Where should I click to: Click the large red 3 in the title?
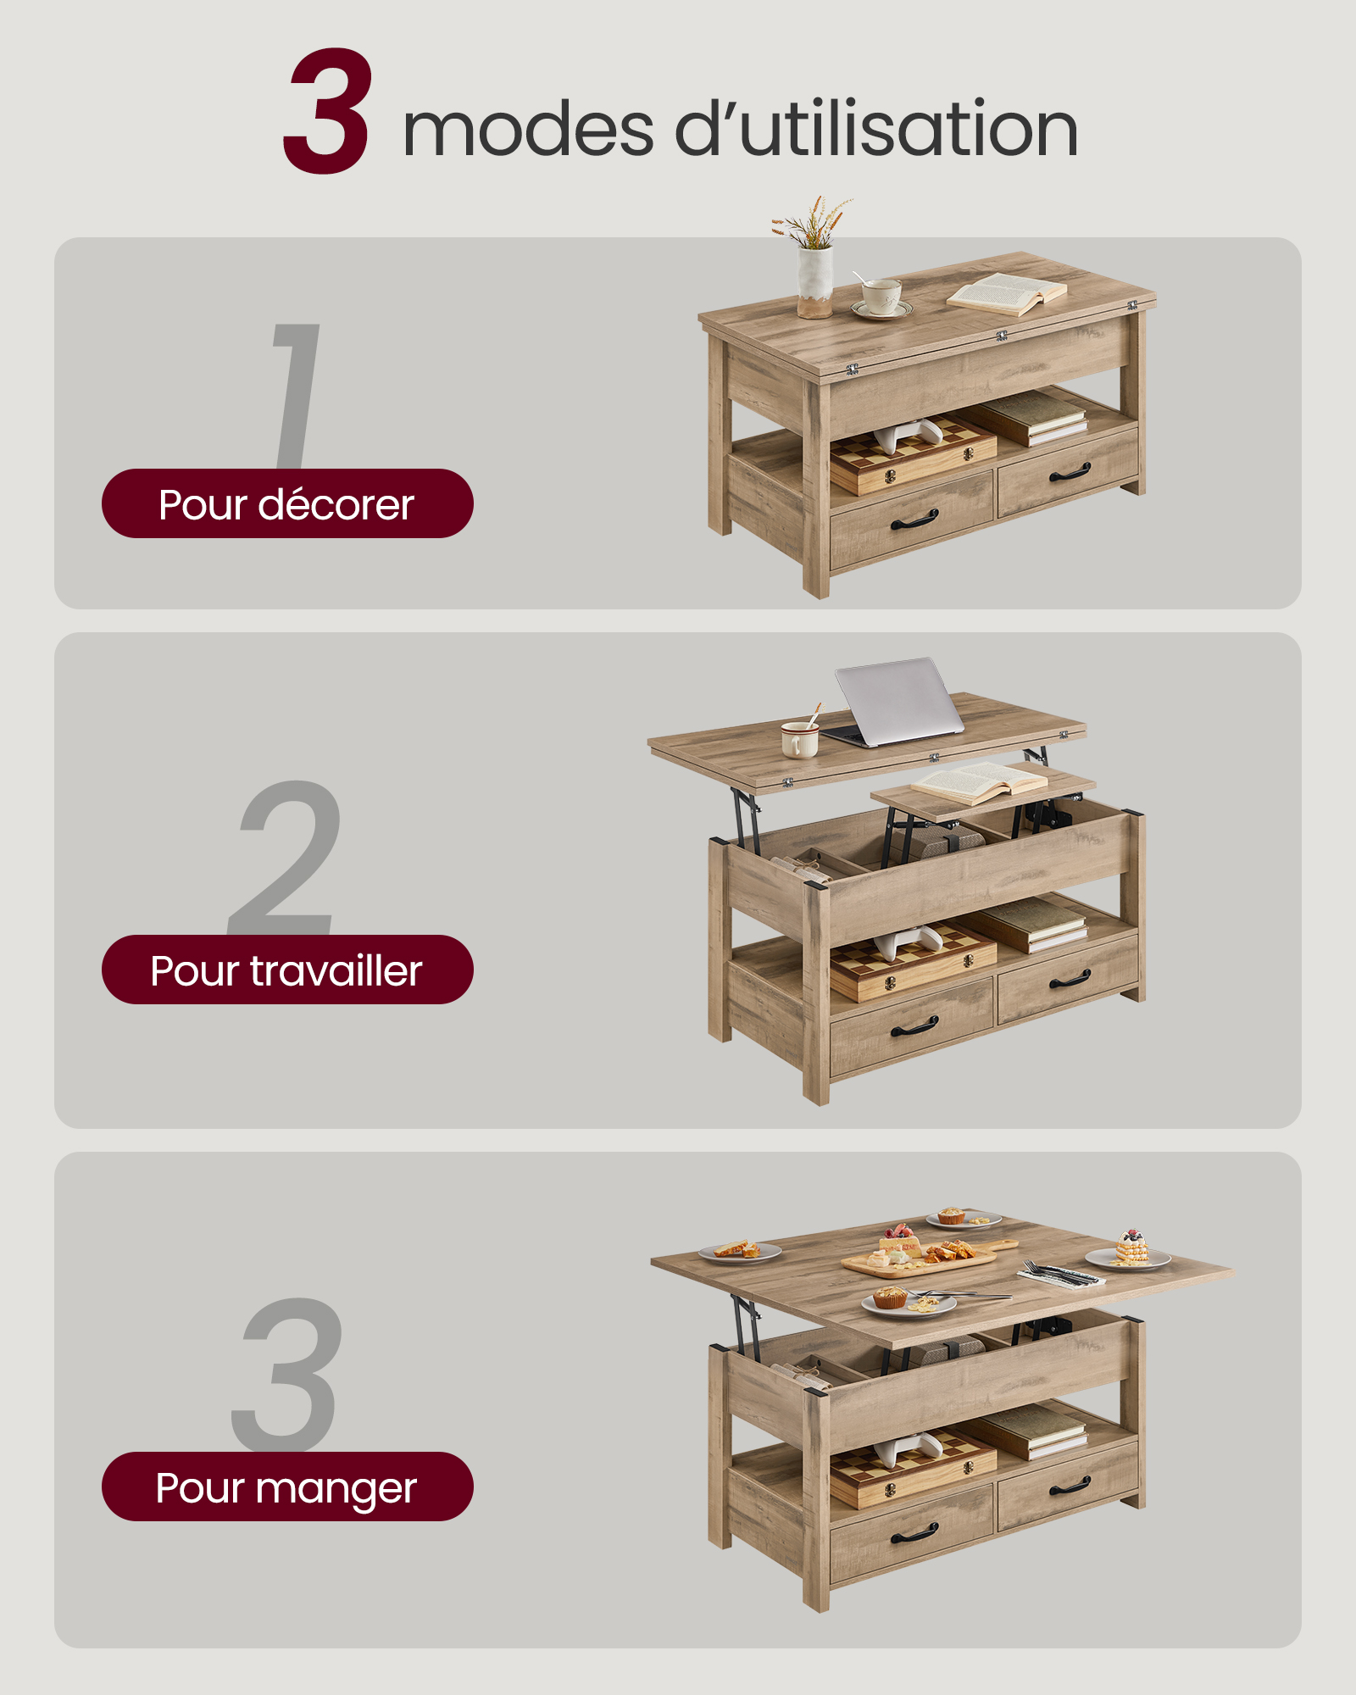click(x=327, y=112)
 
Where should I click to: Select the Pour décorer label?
click(x=286, y=504)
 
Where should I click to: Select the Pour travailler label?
click(x=286, y=970)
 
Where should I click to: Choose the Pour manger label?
click(x=286, y=1487)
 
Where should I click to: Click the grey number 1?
click(x=297, y=395)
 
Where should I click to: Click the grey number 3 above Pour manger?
click(x=288, y=1373)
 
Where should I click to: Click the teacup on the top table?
click(x=881, y=297)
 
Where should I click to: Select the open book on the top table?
click(x=1007, y=294)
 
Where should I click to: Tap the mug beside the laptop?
click(x=798, y=739)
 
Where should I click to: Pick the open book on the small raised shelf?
click(x=979, y=781)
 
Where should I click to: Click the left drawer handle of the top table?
click(x=914, y=520)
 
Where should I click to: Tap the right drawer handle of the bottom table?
click(x=1070, y=1486)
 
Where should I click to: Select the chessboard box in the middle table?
click(x=914, y=962)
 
